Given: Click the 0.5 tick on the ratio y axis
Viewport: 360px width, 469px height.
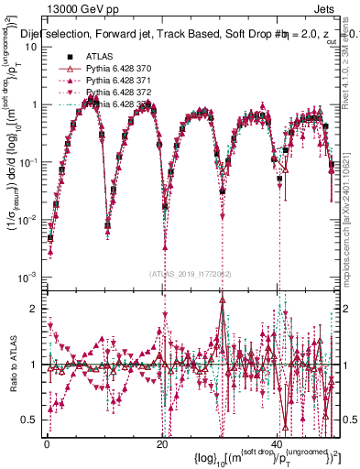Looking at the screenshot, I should click(32, 420).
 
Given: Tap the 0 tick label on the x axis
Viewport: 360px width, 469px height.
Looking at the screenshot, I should click(48, 442).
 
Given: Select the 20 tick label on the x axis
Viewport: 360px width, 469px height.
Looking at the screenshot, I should click(162, 442).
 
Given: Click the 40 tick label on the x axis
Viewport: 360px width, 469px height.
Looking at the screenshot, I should click(278, 442).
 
